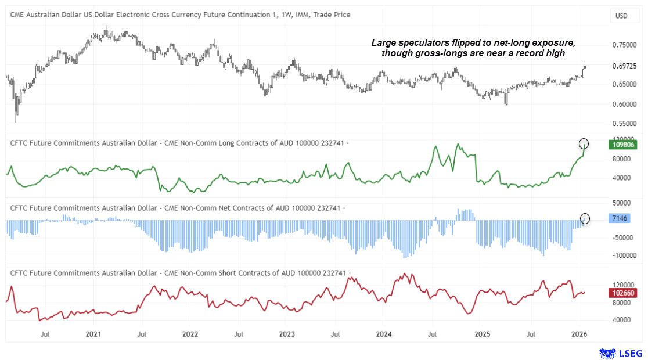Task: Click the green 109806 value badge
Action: pyautogui.click(x=622, y=143)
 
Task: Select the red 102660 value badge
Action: pyautogui.click(x=622, y=294)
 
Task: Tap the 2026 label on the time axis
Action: pyautogui.click(x=578, y=334)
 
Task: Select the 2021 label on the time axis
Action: pyautogui.click(x=93, y=334)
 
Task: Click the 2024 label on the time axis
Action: pyautogui.click(x=384, y=334)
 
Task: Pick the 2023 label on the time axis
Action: pyautogui.click(x=287, y=334)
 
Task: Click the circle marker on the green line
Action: pyautogui.click(x=584, y=143)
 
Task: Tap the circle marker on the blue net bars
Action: pyautogui.click(x=585, y=218)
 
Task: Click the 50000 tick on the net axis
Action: pyautogui.click(x=622, y=203)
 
